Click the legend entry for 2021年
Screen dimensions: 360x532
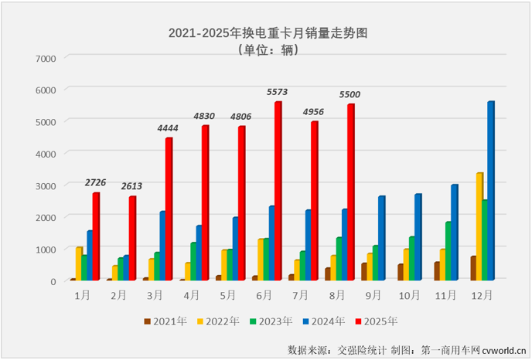165,321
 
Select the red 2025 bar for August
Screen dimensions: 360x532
350,192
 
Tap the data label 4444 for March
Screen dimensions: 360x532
169,128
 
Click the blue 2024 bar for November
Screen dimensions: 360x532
455,233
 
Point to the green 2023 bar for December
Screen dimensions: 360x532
484,239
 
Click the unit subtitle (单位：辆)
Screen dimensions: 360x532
267,49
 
